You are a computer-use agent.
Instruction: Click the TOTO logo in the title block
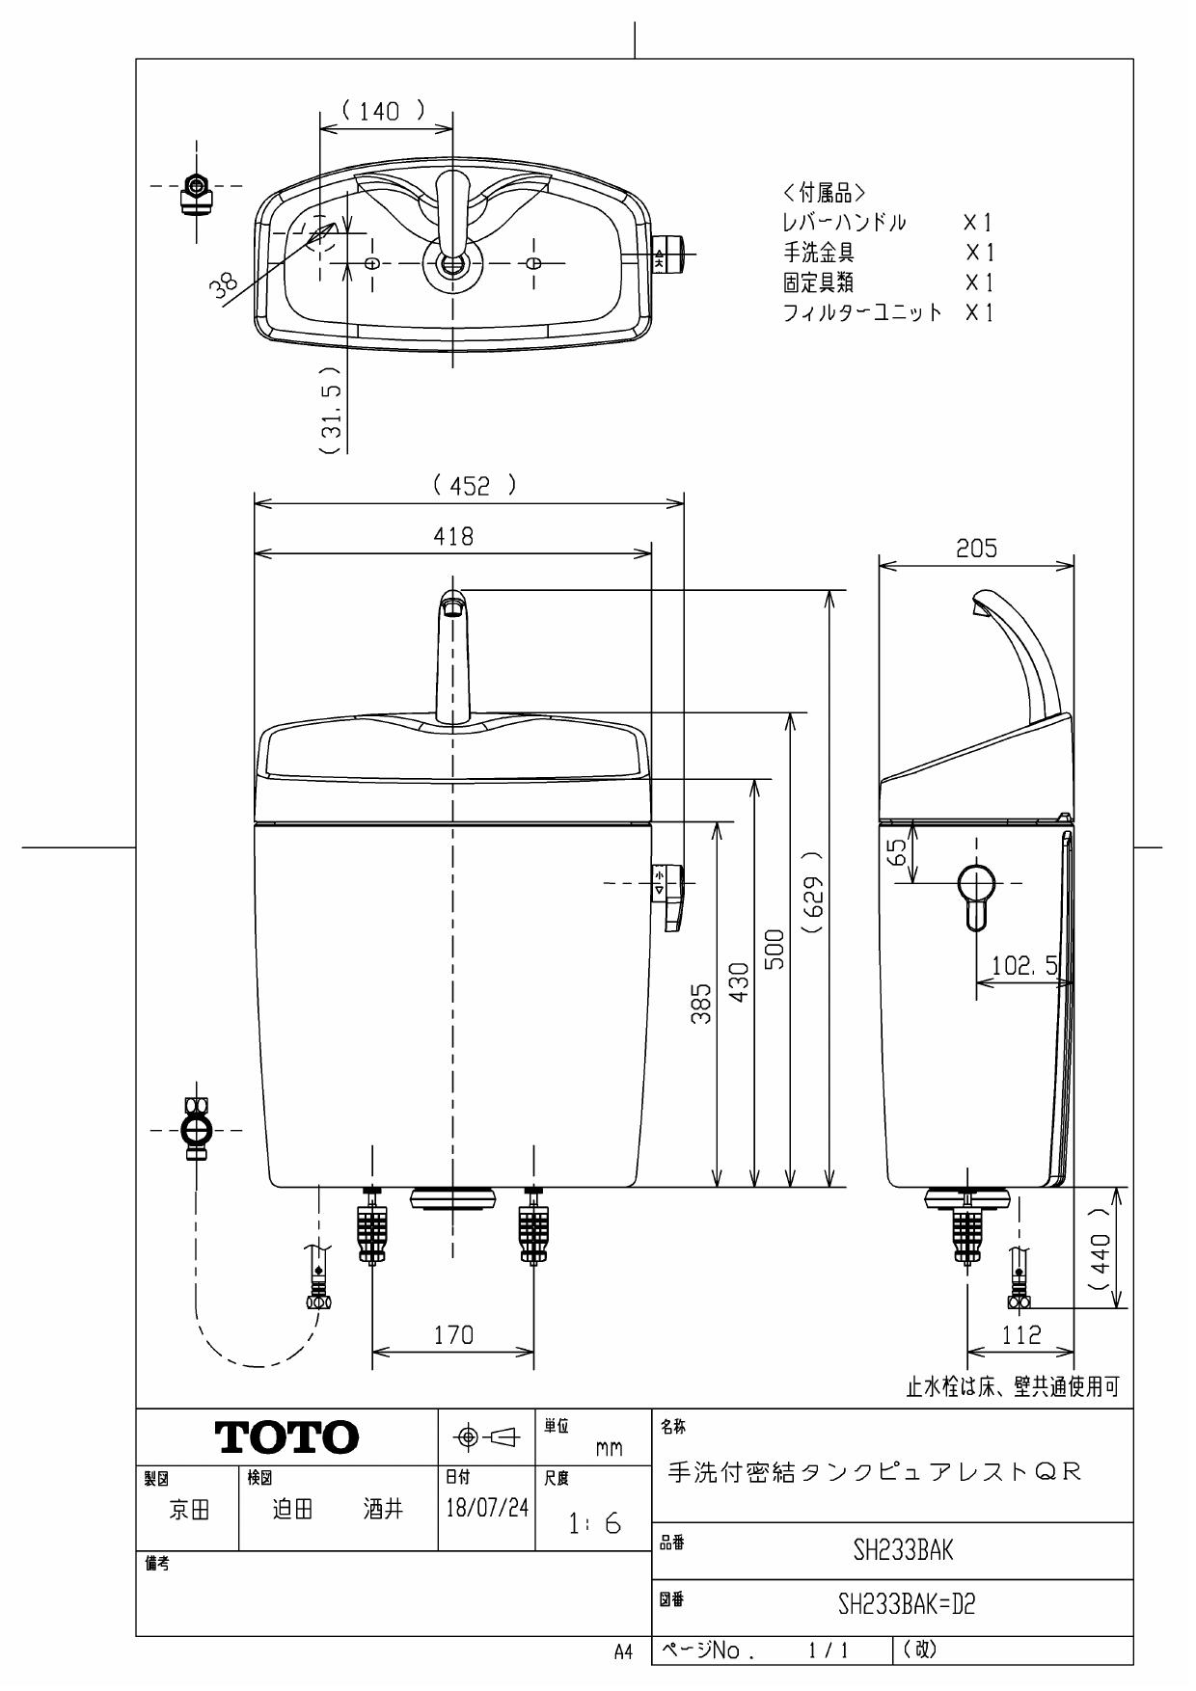(287, 1437)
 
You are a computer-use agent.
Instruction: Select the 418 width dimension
(453, 536)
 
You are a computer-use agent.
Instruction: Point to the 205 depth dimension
(976, 549)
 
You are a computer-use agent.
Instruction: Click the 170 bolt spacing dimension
(453, 1335)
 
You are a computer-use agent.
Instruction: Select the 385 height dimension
(702, 1003)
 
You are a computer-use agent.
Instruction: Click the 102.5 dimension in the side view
(1024, 965)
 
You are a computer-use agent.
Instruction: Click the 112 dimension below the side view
(1021, 1334)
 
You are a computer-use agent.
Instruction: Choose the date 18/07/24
(487, 1508)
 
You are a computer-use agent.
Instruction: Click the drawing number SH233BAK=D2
(906, 1605)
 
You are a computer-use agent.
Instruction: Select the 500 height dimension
(774, 950)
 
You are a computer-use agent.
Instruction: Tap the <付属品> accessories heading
(825, 192)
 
